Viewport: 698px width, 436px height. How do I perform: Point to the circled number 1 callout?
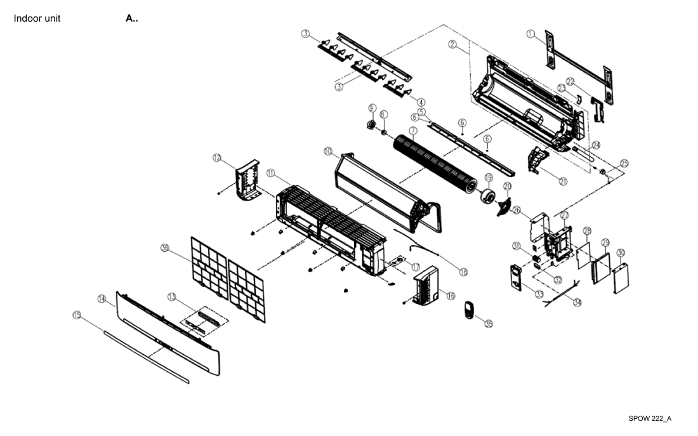coord(530,34)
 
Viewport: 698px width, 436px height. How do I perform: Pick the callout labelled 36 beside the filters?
coord(166,248)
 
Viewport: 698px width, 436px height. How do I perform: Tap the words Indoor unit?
coord(37,18)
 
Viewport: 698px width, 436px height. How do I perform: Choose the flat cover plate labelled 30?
coord(619,278)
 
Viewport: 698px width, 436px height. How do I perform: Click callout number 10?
coord(327,152)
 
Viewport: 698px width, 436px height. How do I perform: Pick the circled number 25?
coord(624,164)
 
